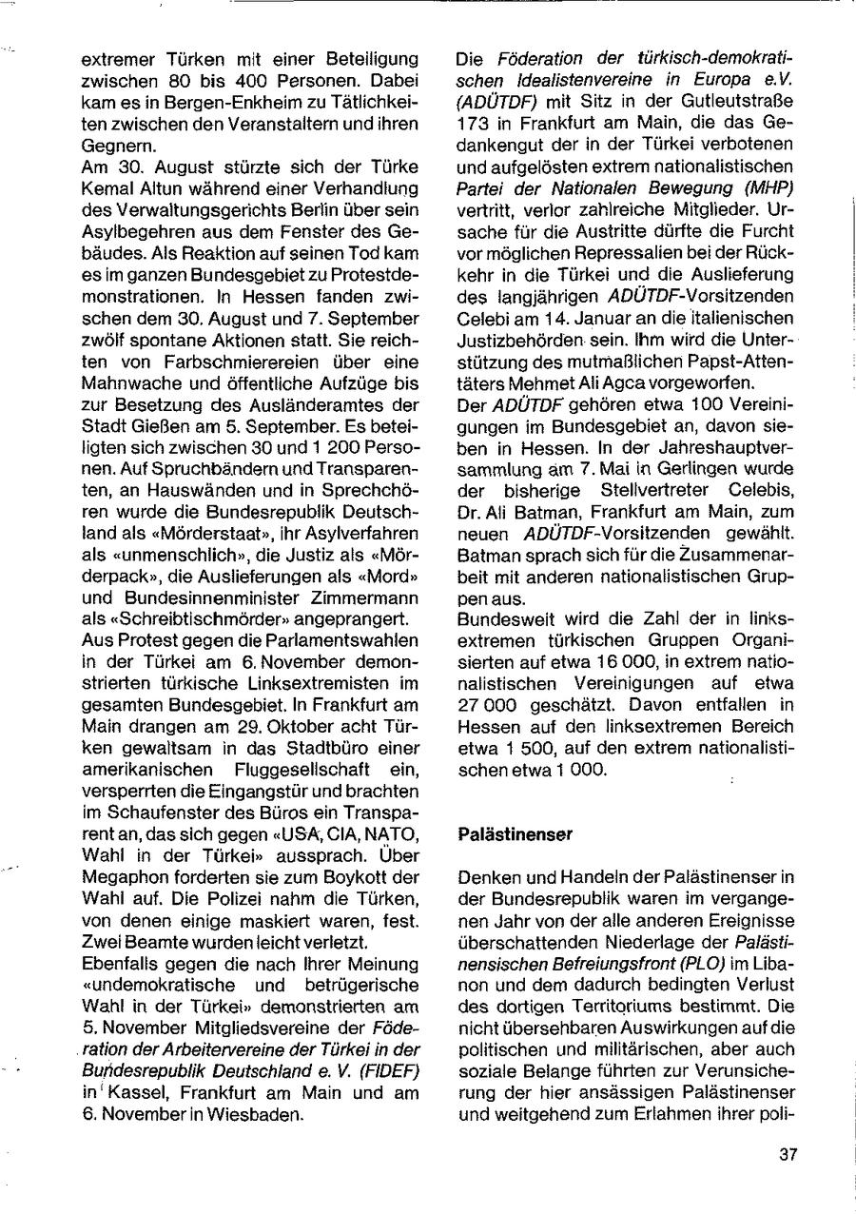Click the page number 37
pyautogui.click(x=788, y=1155)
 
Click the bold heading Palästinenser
pyautogui.click(x=516, y=834)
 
